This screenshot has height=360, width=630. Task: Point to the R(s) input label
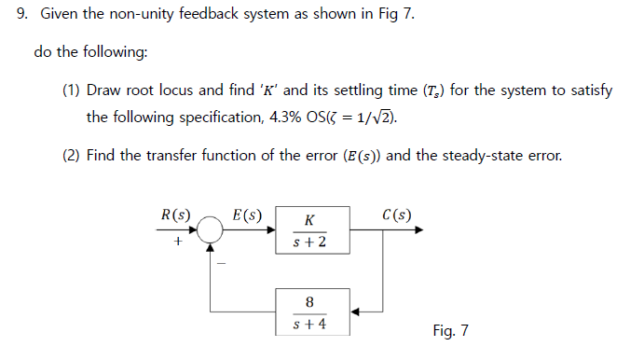(175, 215)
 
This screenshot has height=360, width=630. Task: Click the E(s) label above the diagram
(247, 215)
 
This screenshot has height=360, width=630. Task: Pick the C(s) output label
(397, 215)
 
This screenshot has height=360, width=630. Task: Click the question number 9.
(24, 17)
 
